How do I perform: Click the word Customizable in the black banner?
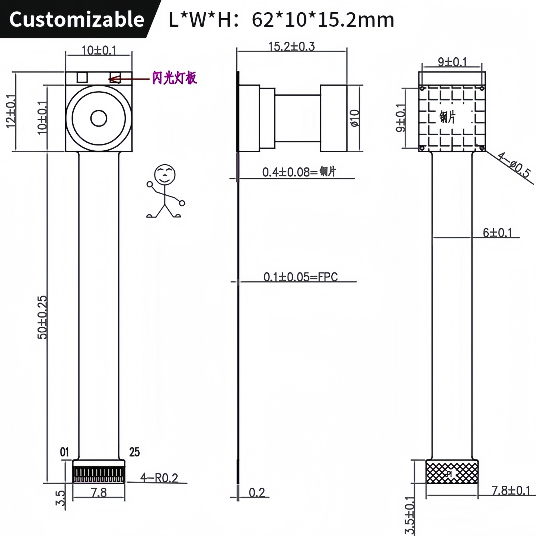(77, 19)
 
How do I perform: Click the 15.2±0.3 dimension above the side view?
(291, 47)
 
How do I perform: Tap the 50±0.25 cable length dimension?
(43, 317)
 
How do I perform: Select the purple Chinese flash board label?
(174, 78)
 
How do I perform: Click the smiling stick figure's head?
(165, 174)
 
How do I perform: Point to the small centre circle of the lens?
(99, 119)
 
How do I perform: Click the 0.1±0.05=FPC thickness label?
(300, 277)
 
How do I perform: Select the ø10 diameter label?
(355, 118)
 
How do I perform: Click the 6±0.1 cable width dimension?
(497, 233)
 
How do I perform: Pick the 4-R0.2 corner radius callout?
(159, 478)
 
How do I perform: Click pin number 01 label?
(64, 452)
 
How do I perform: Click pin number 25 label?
(134, 452)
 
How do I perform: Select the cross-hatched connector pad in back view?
(452, 472)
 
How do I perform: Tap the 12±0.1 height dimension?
(11, 111)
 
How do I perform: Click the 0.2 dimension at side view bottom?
(257, 492)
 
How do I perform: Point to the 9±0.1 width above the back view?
(452, 62)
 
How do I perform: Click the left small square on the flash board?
(82, 77)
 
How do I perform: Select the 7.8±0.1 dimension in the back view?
(511, 491)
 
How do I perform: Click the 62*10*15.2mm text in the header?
(323, 19)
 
